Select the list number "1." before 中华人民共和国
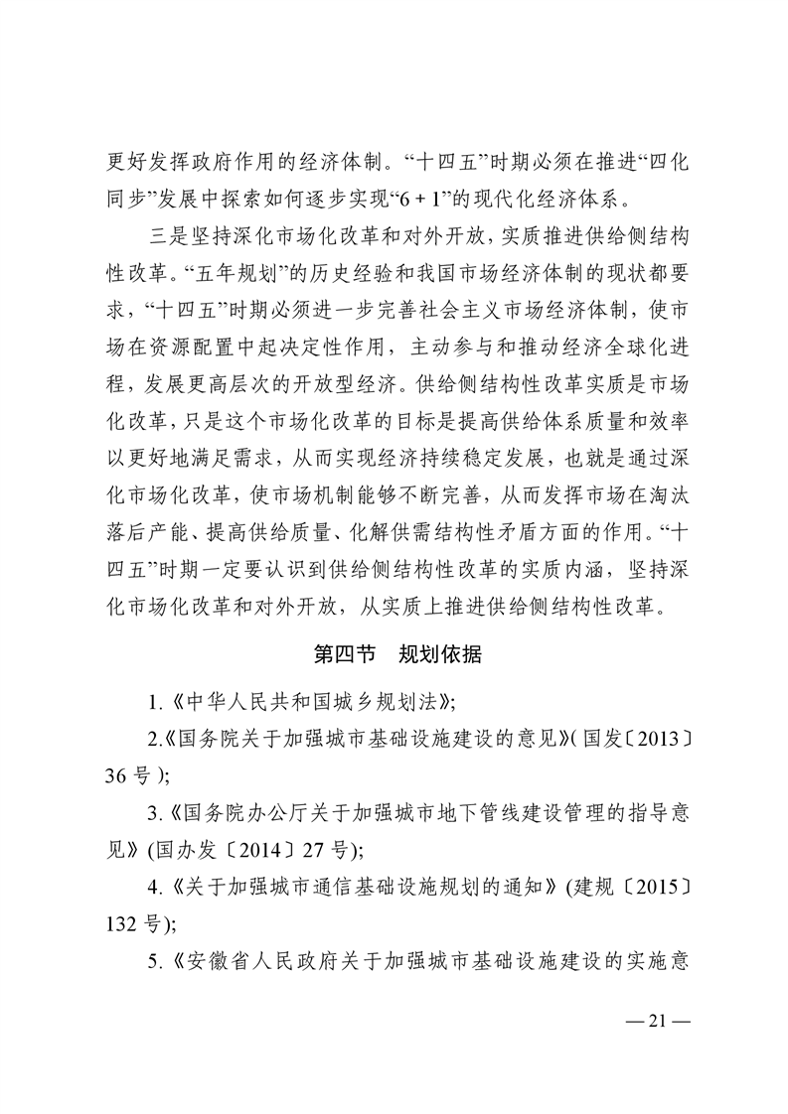(x=155, y=703)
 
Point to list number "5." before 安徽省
(x=155, y=961)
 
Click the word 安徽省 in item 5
(x=212, y=961)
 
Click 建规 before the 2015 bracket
(x=593, y=887)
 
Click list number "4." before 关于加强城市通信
(x=155, y=887)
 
